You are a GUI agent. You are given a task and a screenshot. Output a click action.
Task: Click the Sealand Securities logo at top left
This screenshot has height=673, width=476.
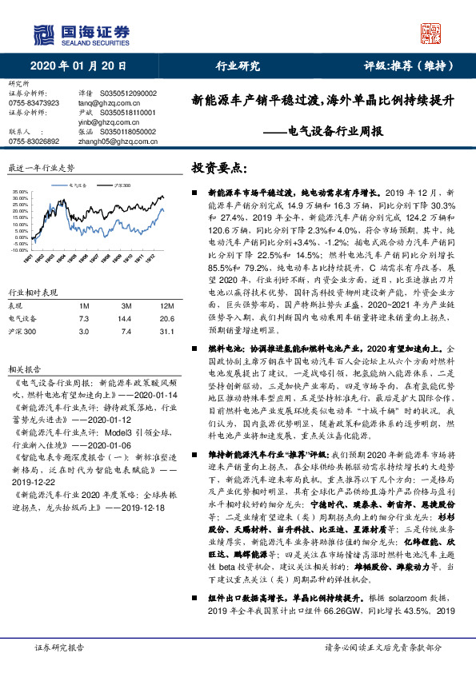coord(81,34)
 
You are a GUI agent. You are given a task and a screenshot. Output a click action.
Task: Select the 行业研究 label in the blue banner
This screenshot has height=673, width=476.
coord(238,66)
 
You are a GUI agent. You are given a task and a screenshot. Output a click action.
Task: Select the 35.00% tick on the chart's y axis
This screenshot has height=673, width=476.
coord(18,193)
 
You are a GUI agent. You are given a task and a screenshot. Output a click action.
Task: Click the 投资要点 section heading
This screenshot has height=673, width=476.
coord(218,169)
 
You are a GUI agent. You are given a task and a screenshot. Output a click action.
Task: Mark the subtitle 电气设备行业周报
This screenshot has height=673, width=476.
coord(327,131)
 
